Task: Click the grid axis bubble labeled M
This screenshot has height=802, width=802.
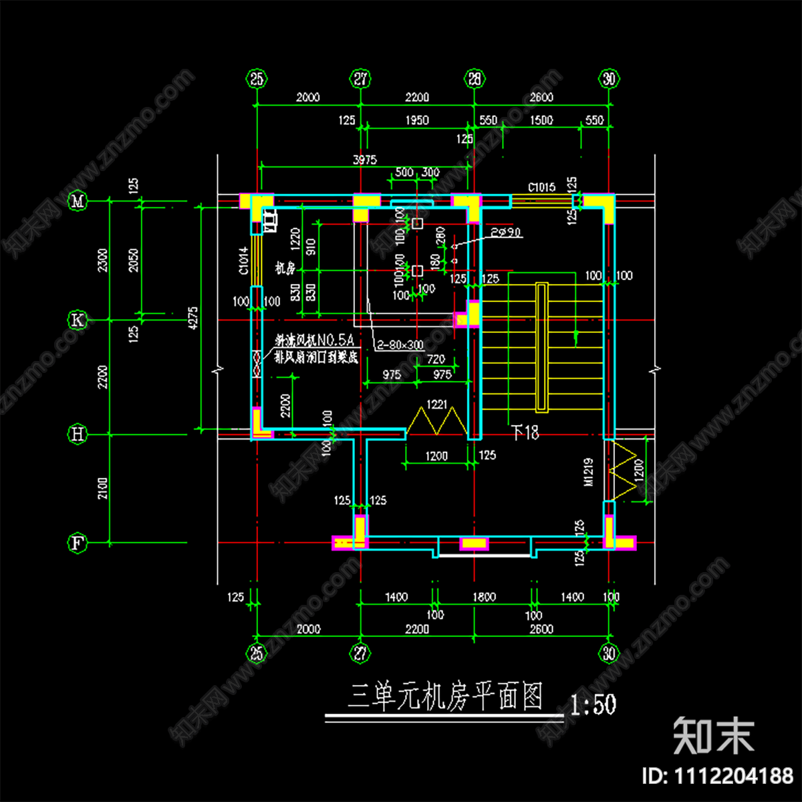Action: pos(78,200)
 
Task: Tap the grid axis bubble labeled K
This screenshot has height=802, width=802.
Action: pos(78,320)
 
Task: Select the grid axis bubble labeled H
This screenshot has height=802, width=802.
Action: pos(78,434)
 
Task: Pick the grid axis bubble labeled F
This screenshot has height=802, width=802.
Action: pos(78,543)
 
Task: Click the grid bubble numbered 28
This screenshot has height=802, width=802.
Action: pos(474,80)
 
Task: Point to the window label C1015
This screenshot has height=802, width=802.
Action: pos(541,188)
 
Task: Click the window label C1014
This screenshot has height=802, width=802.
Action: pos(244,261)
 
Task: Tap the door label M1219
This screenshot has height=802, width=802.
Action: pos(589,472)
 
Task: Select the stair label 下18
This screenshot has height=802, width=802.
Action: pos(525,433)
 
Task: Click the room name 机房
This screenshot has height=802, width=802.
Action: pos(285,269)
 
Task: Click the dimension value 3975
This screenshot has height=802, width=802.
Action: pos(364,160)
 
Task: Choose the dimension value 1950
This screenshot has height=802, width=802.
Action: pos(417,120)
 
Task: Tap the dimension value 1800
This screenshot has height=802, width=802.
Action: pos(484,597)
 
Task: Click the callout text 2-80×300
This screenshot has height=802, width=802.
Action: pos(400,346)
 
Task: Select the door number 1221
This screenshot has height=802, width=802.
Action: pos(436,404)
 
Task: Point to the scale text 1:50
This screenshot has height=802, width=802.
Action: pos(593,704)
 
